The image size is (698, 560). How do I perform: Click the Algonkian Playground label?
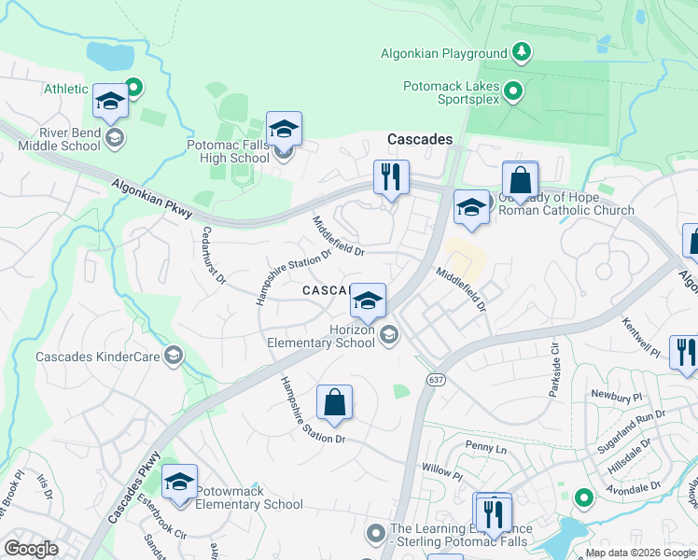[443, 53]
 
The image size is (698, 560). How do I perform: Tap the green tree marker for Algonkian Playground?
[523, 51]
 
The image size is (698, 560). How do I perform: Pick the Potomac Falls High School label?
[228, 151]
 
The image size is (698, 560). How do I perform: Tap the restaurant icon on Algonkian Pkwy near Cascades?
[391, 176]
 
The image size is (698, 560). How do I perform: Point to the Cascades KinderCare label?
[97, 357]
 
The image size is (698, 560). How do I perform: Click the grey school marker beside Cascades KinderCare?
[173, 355]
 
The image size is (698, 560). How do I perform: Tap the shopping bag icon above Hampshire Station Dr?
[334, 403]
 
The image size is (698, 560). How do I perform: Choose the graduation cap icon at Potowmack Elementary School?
[179, 483]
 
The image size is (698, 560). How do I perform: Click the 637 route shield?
[435, 380]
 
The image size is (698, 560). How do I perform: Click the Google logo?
[32, 548]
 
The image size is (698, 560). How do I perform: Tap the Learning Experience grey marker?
[376, 533]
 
